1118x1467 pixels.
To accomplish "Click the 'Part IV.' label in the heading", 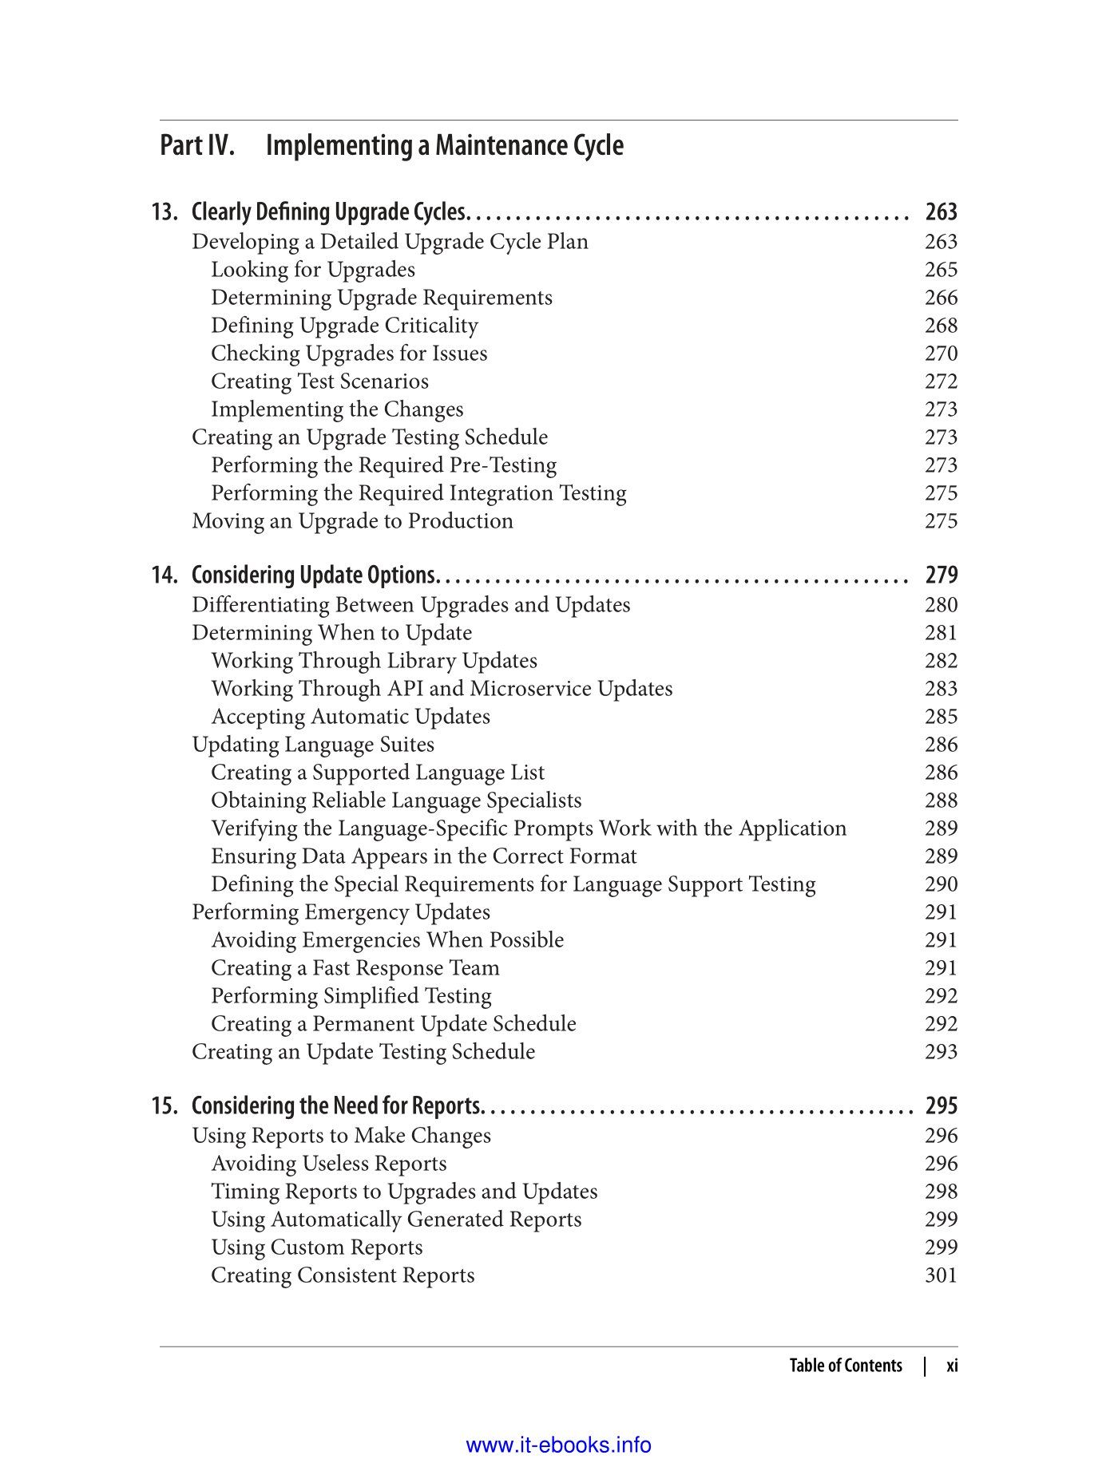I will (197, 146).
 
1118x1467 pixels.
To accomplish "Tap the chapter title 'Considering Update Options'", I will (313, 575).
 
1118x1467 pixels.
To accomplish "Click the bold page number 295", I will (941, 1106).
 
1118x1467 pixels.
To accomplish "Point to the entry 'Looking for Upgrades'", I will (312, 271).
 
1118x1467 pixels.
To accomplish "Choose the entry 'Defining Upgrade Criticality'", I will (344, 326).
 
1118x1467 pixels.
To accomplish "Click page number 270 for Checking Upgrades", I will (941, 354).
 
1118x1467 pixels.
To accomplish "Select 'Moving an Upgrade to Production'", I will (352, 521).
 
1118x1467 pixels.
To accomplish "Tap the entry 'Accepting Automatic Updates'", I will (350, 717).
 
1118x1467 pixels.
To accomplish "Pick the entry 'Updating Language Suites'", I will (313, 745).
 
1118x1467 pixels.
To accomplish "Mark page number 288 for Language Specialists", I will (941, 801).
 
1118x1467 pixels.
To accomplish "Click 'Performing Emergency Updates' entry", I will (341, 912).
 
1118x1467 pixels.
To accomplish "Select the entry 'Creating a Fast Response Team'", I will (355, 968).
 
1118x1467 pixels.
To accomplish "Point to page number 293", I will (941, 1052).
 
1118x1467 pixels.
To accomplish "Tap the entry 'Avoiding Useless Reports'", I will (328, 1164).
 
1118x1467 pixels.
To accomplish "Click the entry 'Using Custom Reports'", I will (316, 1248).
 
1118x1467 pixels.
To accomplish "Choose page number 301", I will (941, 1275).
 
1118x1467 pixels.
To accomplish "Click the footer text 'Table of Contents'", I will (845, 1366).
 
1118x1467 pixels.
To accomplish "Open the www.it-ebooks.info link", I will (558, 1445).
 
